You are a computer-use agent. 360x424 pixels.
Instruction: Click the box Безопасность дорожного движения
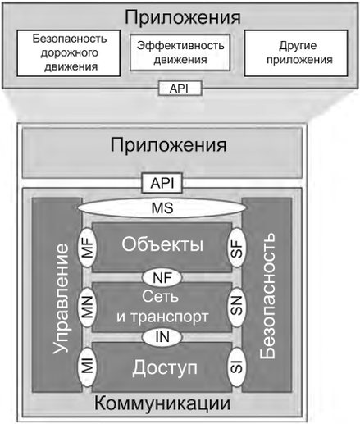[69, 53]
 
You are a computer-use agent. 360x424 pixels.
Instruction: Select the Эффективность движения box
[180, 52]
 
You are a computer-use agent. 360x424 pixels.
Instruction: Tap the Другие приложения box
[296, 53]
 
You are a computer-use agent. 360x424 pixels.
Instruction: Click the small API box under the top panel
[180, 89]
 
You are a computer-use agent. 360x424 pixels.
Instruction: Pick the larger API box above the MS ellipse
[162, 183]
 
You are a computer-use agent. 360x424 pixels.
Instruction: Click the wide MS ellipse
[162, 207]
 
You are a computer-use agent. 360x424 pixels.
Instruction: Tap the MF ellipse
[88, 248]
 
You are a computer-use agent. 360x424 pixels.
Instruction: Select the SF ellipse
[237, 248]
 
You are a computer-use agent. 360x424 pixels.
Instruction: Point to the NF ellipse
[162, 278]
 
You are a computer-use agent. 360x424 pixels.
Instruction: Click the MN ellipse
[88, 307]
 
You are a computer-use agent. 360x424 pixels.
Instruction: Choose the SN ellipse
[237, 307]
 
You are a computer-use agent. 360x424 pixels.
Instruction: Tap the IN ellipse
[162, 337]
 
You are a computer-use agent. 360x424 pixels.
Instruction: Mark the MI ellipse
[88, 367]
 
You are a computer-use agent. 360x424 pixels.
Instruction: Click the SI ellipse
[237, 367]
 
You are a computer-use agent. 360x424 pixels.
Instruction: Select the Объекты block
[162, 247]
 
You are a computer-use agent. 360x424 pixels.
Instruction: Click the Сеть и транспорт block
[162, 307]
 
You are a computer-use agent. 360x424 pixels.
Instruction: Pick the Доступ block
[162, 367]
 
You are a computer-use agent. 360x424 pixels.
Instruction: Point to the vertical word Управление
[61, 299]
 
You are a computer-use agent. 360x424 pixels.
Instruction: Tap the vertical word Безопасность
[267, 295]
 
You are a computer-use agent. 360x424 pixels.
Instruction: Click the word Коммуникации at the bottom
[162, 403]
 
